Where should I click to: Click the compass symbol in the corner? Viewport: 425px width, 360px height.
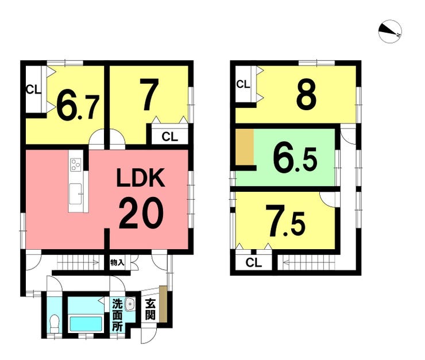pos(390,31)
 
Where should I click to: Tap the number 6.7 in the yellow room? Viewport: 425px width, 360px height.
pos(78,107)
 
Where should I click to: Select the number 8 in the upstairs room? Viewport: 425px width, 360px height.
pos(306,95)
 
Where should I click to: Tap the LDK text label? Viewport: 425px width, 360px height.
pos(141,177)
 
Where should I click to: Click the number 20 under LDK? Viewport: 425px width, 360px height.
pos(141,212)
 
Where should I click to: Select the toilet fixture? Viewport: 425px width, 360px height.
pos(55,324)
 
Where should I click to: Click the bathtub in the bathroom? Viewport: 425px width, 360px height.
pos(86,323)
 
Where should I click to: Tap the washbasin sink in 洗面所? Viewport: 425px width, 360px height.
pos(130,304)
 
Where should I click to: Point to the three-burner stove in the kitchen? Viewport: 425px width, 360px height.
pos(76,164)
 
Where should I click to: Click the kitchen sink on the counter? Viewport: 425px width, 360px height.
pos(75,193)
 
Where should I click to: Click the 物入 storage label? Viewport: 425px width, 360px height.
pos(117,262)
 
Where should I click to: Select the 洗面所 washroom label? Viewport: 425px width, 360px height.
pos(117,315)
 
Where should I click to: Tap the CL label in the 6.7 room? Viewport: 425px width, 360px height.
pos(34,90)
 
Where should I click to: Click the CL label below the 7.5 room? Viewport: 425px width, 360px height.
pos(254,262)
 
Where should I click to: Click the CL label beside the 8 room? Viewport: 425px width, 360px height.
pos(243,84)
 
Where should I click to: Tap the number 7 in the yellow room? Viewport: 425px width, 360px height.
pos(149,94)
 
